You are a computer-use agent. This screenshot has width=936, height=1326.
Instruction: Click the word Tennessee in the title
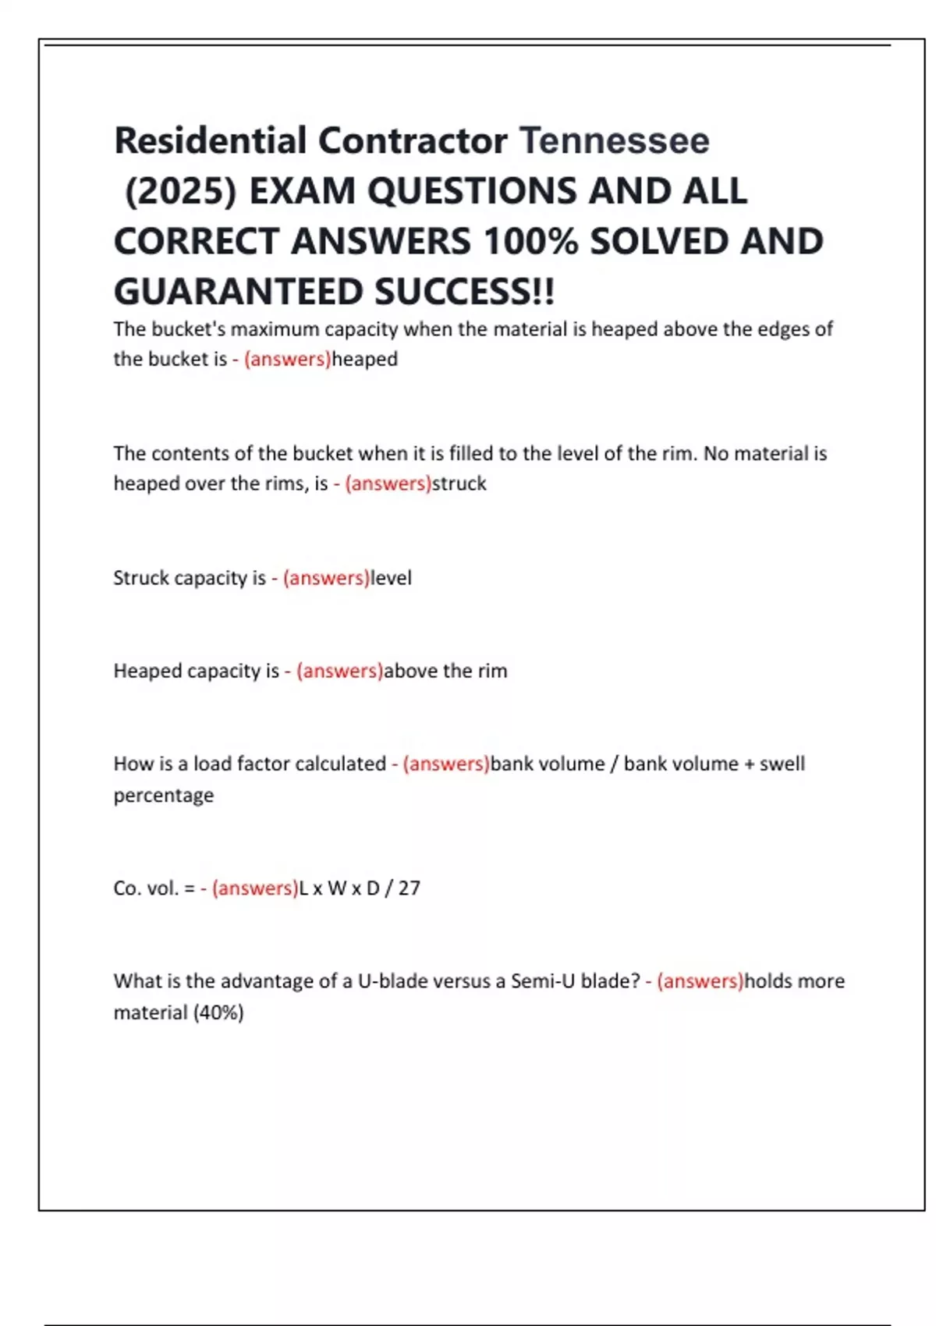[x=614, y=141]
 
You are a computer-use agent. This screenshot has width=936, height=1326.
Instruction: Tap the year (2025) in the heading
[x=180, y=192]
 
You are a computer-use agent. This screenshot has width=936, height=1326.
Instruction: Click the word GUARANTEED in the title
[x=238, y=292]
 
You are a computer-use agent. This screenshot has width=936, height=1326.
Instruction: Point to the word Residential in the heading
[x=211, y=141]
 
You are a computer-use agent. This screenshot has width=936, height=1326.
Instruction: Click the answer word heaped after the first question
[x=364, y=360]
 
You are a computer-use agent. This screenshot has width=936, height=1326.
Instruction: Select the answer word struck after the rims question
[x=459, y=484]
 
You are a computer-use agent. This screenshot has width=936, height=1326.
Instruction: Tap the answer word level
[x=391, y=578]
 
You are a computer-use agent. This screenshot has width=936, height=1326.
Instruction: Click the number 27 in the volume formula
[x=409, y=888]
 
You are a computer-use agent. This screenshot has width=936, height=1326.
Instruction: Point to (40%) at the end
[x=218, y=1013]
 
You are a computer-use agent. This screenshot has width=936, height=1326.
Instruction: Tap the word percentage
[x=164, y=796]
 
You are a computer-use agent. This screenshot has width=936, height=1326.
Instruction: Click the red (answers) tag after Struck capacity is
[x=326, y=578]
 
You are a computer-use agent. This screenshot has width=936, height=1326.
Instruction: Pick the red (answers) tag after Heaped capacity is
[x=339, y=671]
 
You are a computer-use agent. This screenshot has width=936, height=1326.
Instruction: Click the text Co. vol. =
[x=154, y=888]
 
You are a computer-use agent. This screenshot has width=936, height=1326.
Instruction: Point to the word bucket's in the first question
[x=188, y=329]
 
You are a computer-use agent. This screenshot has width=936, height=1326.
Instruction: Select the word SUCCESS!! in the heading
[x=464, y=292]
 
